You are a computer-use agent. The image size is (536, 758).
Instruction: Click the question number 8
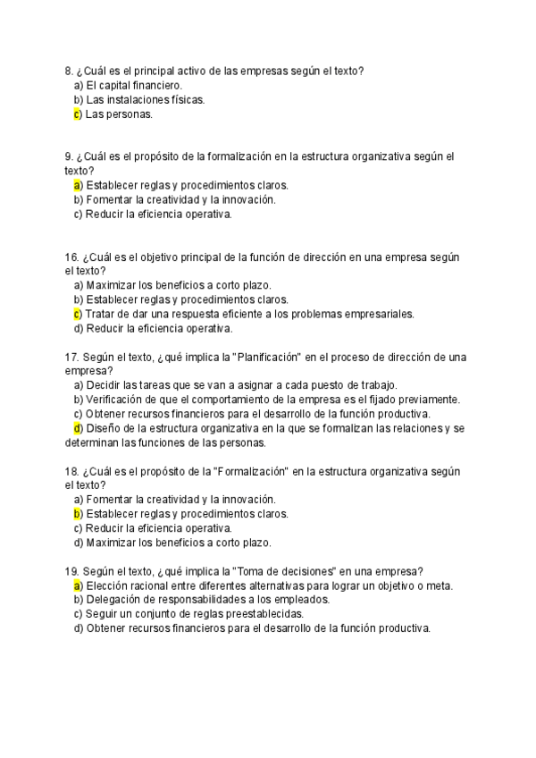pyautogui.click(x=69, y=71)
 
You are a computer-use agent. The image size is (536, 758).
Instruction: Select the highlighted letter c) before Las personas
pyautogui.click(x=78, y=114)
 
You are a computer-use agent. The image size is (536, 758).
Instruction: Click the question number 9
pyautogui.click(x=69, y=156)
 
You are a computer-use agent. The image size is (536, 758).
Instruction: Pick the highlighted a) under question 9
pyautogui.click(x=78, y=185)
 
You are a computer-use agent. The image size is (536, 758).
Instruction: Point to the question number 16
pyautogui.click(x=71, y=257)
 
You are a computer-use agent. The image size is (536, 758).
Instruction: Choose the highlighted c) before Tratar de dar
pyautogui.click(x=78, y=314)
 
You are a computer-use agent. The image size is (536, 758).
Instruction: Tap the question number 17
pyautogui.click(x=71, y=357)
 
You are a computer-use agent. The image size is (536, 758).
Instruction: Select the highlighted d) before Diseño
pyautogui.click(x=78, y=428)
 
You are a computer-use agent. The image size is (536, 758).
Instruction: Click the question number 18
pyautogui.click(x=71, y=471)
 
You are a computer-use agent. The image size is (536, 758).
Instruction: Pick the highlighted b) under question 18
pyautogui.click(x=78, y=514)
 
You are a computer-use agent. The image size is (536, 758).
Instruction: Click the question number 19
pyautogui.click(x=71, y=571)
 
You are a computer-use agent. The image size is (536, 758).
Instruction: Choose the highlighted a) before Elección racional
pyautogui.click(x=78, y=585)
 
